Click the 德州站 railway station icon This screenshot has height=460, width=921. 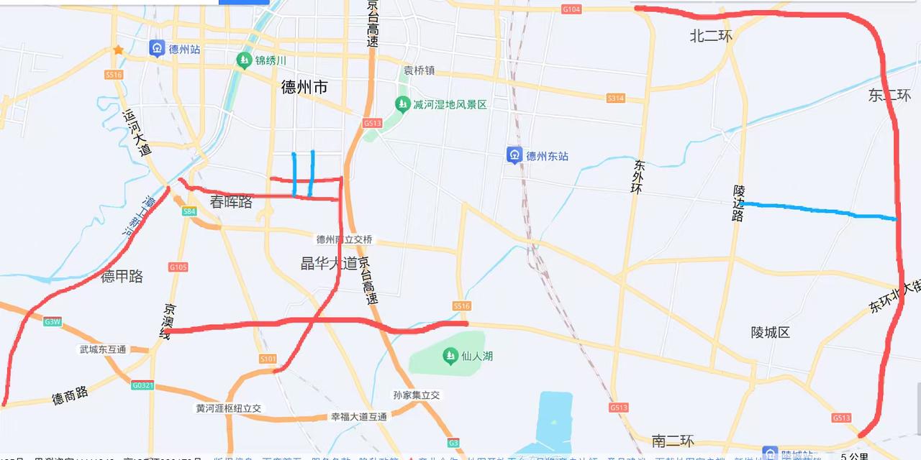tap(157, 48)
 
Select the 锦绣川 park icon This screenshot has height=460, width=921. tap(243, 60)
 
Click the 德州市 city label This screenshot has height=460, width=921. tap(304, 88)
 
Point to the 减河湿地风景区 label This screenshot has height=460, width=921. tap(450, 104)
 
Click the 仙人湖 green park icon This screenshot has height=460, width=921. tap(450, 355)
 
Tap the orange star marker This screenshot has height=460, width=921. tap(118, 50)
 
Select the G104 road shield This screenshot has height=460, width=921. tap(571, 9)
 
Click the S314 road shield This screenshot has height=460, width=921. tap(615, 98)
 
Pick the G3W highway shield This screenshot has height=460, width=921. tap(52, 321)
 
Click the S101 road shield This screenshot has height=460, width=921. tap(268, 358)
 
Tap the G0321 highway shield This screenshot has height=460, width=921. tap(142, 385)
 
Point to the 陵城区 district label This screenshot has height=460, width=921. tap(770, 332)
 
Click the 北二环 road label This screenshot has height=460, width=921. tap(710, 36)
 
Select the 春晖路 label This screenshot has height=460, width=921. tap(231, 202)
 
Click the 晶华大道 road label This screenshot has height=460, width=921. tap(329, 263)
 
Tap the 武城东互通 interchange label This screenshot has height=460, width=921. tap(103, 349)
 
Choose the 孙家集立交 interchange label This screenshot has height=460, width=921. tap(416, 395)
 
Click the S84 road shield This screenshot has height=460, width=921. tap(189, 211)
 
